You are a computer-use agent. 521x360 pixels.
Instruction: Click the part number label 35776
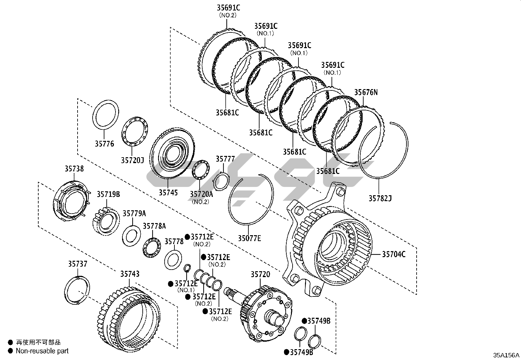pyautogui.click(x=104, y=143)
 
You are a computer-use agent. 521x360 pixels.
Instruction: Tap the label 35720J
pyautogui.click(x=132, y=160)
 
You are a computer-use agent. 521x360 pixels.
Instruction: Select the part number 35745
pyautogui.click(x=168, y=192)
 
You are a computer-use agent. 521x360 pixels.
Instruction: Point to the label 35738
pyautogui.click(x=74, y=169)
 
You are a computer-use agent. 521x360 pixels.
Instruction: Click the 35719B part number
pyautogui.click(x=108, y=194)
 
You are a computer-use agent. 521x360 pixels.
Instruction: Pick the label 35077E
pyautogui.click(x=249, y=238)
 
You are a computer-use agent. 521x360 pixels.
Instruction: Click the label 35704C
pyautogui.click(x=394, y=254)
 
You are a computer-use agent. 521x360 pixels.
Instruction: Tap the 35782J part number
pyautogui.click(x=380, y=198)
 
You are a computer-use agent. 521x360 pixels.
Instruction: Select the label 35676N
pyautogui.click(x=366, y=92)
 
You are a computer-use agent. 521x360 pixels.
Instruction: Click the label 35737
pyautogui.click(x=78, y=264)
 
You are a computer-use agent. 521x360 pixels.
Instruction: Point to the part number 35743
pyautogui.click(x=130, y=274)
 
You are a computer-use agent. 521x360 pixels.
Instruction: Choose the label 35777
pyautogui.click(x=225, y=159)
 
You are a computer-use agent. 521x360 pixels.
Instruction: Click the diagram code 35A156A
pyautogui.click(x=507, y=355)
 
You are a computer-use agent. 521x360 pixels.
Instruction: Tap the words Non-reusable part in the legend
pyautogui.click(x=43, y=351)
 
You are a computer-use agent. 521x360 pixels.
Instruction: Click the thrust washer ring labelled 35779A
pyautogui.click(x=132, y=236)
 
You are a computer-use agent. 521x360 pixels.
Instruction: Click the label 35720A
pyautogui.click(x=201, y=194)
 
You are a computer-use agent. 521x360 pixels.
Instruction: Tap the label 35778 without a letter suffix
pyautogui.click(x=174, y=241)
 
